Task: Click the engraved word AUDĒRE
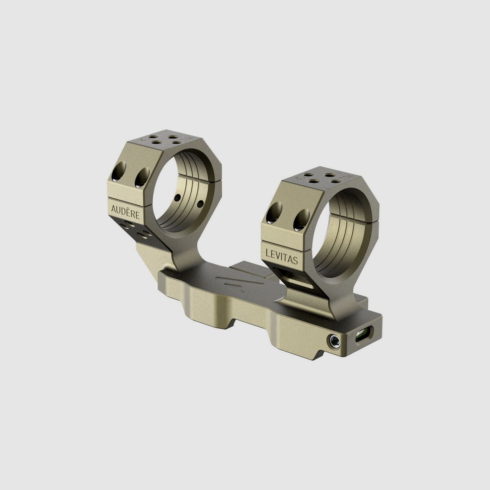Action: (x=125, y=208)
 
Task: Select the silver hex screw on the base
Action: (x=334, y=340)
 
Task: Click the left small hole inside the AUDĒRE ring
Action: (x=177, y=198)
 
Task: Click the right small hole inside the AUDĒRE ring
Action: (x=200, y=203)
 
